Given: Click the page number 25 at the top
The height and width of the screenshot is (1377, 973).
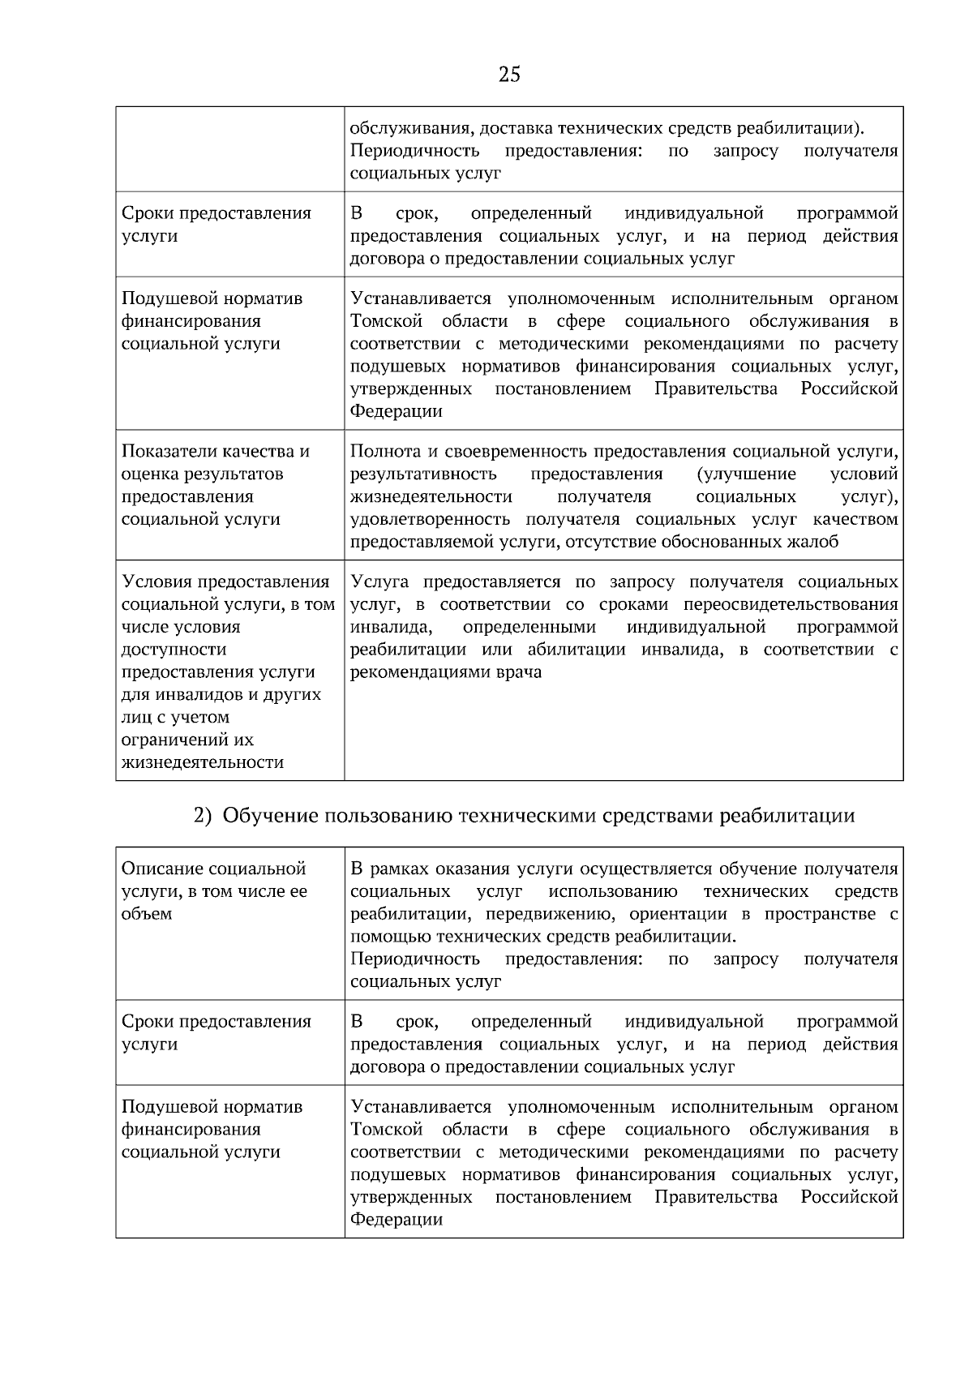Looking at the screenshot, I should tap(509, 75).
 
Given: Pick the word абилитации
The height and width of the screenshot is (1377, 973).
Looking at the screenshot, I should tap(580, 650).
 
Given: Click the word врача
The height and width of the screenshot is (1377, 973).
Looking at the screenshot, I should tap(519, 672).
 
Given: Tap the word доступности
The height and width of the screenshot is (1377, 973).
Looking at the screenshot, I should tap(174, 650).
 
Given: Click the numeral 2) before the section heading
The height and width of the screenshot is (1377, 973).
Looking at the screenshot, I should tap(203, 816).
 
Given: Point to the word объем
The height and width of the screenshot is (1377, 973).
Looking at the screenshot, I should tap(147, 914).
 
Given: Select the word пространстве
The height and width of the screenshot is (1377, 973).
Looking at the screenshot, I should tap(821, 914).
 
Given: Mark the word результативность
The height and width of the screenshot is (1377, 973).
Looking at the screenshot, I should tap(423, 474).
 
